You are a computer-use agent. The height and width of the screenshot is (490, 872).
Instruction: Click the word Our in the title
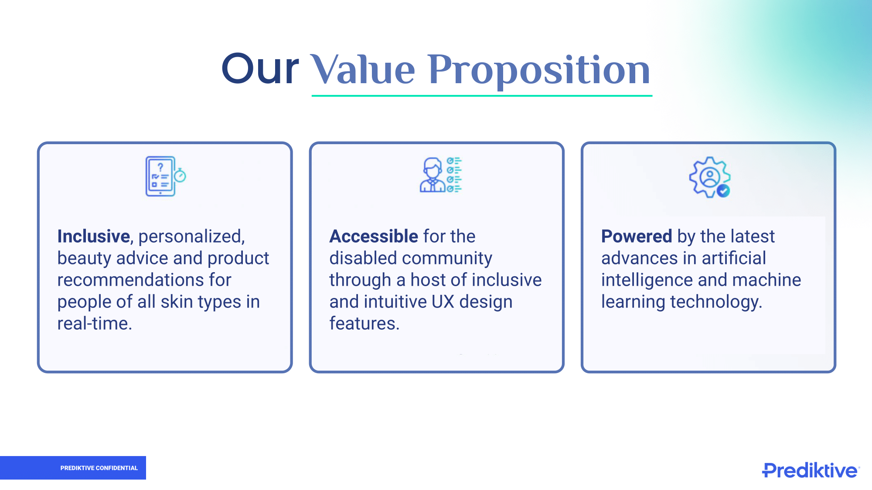[x=260, y=69]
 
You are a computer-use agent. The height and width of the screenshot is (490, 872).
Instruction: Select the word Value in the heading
[x=362, y=69]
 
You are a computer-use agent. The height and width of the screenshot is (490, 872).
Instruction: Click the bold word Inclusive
[x=94, y=236]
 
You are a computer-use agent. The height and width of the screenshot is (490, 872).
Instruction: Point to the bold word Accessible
[x=374, y=236]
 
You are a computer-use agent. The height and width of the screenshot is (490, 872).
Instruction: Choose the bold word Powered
[x=637, y=236]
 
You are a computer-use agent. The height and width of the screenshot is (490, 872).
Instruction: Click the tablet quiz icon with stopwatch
[x=165, y=176]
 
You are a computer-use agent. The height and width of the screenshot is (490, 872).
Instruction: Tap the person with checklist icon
[x=440, y=175]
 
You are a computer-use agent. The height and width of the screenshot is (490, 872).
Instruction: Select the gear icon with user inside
[x=709, y=177]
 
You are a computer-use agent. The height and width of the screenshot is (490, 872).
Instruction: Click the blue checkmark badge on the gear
[x=723, y=191]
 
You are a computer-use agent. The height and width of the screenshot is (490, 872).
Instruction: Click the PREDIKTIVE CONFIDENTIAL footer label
[x=99, y=468]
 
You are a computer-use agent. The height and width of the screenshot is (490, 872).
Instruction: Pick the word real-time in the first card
[x=95, y=324]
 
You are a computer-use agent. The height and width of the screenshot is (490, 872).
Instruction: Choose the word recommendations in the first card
[x=130, y=280]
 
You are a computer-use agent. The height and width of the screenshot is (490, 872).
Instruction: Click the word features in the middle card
[x=364, y=323]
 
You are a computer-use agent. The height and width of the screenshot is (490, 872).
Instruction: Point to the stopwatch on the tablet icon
[x=180, y=175]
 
